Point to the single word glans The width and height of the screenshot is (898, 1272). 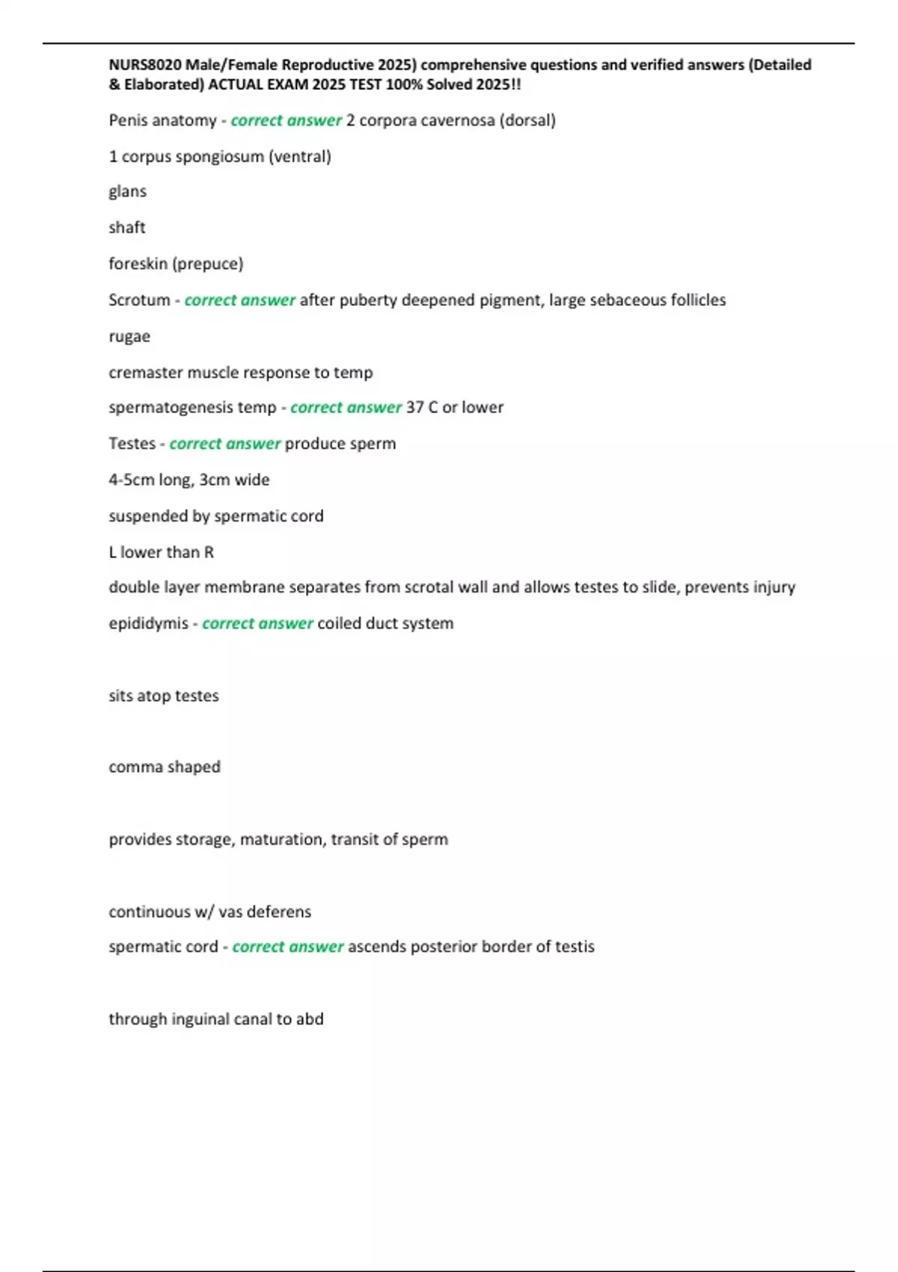point(127,192)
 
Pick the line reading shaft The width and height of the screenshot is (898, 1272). point(127,227)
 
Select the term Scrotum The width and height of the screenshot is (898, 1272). point(139,300)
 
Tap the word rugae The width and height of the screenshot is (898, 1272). point(129,336)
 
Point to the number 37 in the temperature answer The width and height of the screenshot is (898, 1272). point(415,407)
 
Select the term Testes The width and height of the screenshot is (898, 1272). point(132,443)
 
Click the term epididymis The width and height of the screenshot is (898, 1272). point(148,623)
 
